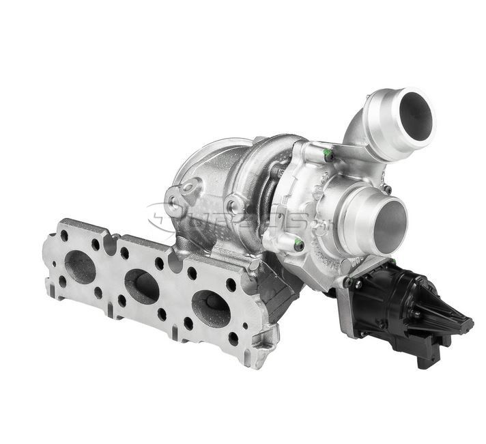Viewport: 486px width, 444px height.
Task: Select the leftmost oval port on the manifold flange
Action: (x=81, y=266)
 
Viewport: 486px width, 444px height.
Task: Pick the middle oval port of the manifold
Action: (x=141, y=286)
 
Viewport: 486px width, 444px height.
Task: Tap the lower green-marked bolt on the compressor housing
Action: (x=298, y=243)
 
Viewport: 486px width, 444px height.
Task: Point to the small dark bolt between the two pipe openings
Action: (x=387, y=188)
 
